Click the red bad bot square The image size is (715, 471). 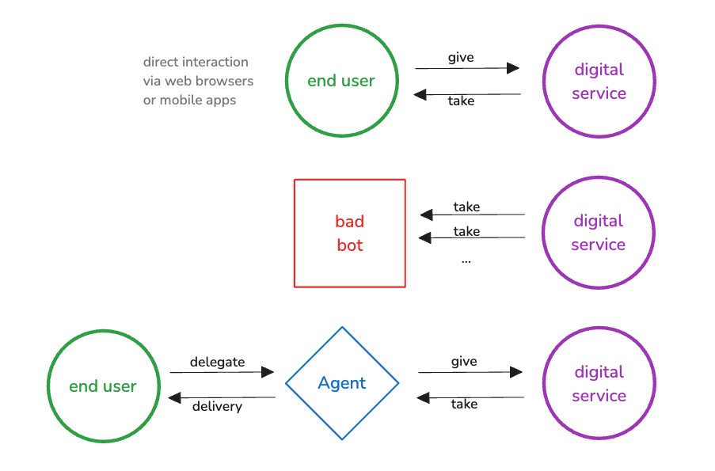coord(349,233)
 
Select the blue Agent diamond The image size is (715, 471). coord(342,383)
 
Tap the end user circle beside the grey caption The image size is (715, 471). coord(341,81)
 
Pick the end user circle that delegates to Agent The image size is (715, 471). coord(103,386)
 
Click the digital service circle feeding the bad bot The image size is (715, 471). coord(598,233)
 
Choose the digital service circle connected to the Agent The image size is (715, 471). coord(599,384)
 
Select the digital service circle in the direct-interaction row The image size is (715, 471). coord(599,82)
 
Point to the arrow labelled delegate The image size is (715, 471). coord(221,372)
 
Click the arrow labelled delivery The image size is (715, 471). coord(221,397)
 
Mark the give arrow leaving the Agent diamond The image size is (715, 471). coord(470,372)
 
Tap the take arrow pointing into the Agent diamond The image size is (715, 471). coord(470,397)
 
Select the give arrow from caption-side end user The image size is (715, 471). coord(467,68)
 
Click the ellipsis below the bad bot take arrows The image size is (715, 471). coord(466,260)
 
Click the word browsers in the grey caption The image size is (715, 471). coord(226,81)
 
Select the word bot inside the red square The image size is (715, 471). coord(349,245)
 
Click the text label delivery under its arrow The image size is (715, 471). coord(217,407)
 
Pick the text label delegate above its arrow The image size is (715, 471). coord(217,362)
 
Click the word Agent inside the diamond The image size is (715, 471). coord(342,383)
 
